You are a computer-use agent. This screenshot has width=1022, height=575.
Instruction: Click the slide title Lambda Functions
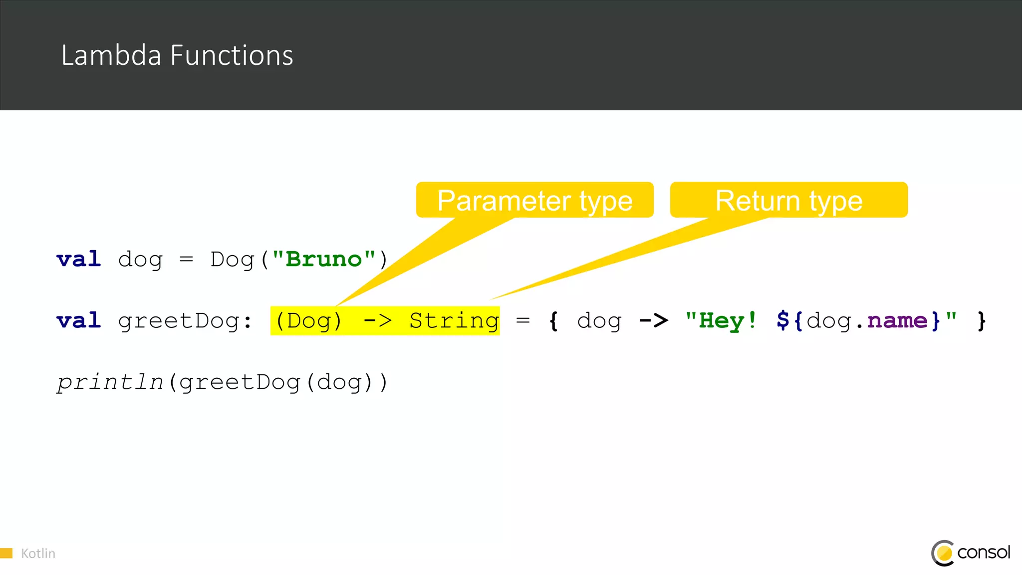pyautogui.click(x=177, y=55)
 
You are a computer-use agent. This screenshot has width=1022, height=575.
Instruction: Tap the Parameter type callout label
pyautogui.click(x=534, y=201)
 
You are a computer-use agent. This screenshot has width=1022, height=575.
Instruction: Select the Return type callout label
pyautogui.click(x=788, y=201)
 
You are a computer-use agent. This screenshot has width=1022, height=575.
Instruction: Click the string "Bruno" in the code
pyautogui.click(x=323, y=259)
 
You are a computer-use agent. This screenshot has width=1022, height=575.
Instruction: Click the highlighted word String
pyautogui.click(x=454, y=321)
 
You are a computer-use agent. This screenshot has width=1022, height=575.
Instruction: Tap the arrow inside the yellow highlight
pyautogui.click(x=377, y=320)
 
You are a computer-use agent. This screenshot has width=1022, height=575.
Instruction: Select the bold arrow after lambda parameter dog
pyautogui.click(x=653, y=320)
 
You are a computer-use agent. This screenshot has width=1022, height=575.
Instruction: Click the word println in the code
pyautogui.click(x=110, y=382)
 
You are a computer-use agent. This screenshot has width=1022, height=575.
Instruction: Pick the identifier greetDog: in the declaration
pyautogui.click(x=185, y=321)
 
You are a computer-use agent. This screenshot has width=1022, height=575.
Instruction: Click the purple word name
pyautogui.click(x=897, y=320)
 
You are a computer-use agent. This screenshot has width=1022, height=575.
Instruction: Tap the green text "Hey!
pyautogui.click(x=721, y=320)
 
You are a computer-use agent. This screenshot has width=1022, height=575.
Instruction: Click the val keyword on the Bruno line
pyautogui.click(x=79, y=259)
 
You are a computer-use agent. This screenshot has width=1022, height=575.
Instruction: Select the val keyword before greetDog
pyautogui.click(x=79, y=320)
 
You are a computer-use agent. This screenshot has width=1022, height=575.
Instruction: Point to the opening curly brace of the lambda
pyautogui.click(x=553, y=321)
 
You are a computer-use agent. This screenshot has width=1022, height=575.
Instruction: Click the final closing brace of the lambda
pyautogui.click(x=982, y=321)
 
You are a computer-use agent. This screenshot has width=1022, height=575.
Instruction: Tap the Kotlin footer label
pyautogui.click(x=38, y=554)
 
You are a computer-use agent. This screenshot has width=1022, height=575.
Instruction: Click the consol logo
pyautogui.click(x=971, y=553)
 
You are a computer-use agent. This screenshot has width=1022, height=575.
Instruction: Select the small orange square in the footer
pyautogui.click(x=6, y=553)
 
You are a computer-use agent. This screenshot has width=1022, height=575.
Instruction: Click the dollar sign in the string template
pyautogui.click(x=782, y=320)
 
